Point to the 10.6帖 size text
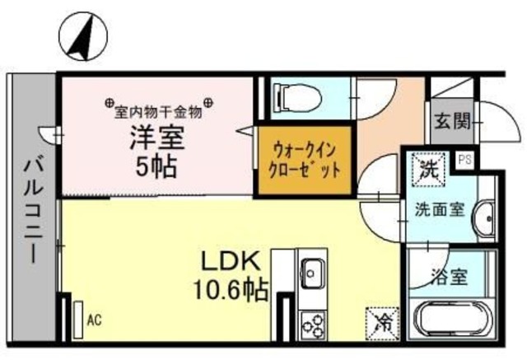pos(231,290)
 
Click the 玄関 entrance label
pos(452,123)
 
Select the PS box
pos(464,160)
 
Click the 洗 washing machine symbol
pos(429,172)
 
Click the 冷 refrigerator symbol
pos(381,320)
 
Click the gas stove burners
pos(312,325)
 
